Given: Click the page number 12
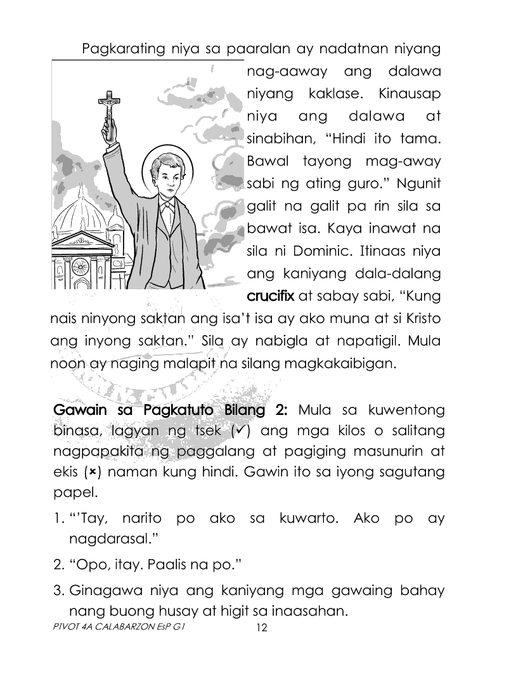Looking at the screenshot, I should click(x=261, y=629).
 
